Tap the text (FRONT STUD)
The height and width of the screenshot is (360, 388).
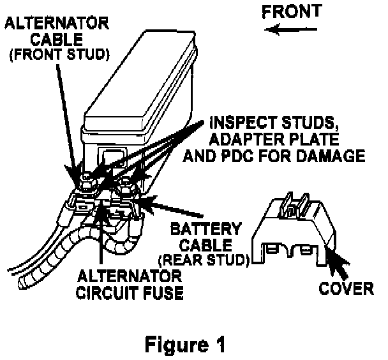[x=57, y=55]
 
